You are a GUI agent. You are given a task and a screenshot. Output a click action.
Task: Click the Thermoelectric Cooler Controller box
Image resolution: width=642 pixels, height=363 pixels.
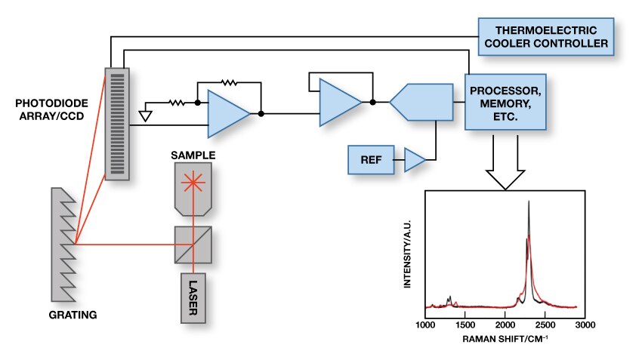545,36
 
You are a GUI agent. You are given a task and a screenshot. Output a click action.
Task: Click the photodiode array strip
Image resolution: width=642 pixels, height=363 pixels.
116,123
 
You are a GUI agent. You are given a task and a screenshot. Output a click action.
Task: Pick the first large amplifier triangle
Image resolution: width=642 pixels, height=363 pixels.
227,114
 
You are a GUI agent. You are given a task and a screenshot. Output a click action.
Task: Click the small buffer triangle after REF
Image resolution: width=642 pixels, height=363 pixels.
415,158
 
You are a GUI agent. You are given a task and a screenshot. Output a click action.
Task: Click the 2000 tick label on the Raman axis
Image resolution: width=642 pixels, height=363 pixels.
505,325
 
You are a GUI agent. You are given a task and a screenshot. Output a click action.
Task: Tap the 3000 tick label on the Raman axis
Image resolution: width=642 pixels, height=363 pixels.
585,325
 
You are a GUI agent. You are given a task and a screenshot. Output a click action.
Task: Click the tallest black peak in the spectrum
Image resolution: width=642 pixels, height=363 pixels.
529,202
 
